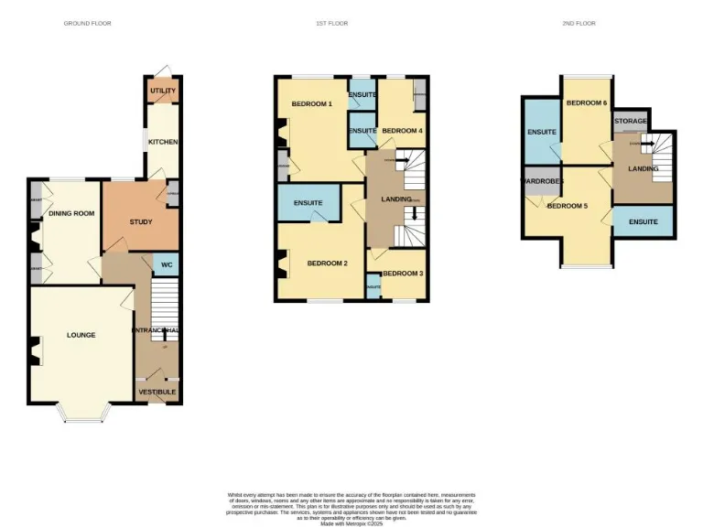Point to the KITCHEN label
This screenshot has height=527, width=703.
164,142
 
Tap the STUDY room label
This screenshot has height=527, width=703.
140,221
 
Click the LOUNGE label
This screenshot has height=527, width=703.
81,335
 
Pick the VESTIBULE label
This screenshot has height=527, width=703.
157,392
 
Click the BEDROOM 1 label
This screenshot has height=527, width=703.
312,104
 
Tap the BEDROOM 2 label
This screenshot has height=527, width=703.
327,263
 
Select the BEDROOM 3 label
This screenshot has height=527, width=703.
403,274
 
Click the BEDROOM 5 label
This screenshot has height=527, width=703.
567,206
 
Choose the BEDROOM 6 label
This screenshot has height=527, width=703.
587,103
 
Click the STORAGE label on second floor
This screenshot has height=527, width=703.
631,121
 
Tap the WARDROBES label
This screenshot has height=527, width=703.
542,180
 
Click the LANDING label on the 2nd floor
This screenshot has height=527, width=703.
643,168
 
